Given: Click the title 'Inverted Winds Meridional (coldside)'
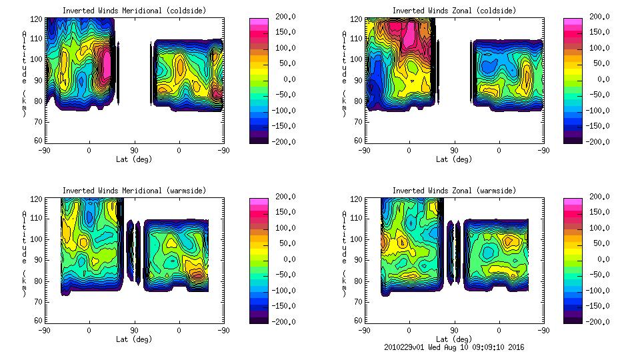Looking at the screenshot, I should tap(135, 11).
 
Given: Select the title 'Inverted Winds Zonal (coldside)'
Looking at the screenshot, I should tap(454, 11).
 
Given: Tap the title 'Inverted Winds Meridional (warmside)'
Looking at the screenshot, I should tap(135, 191).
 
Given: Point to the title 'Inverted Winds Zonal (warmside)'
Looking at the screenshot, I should tap(454, 191).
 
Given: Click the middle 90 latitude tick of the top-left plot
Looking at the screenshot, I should tap(134, 150).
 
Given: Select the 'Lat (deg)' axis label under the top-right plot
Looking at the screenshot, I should tap(454, 159).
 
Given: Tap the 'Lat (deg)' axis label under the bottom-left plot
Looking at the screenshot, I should tap(135, 339).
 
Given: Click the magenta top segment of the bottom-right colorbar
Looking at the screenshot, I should tap(571, 201).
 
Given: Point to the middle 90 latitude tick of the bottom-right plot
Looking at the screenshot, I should tap(454, 330).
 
